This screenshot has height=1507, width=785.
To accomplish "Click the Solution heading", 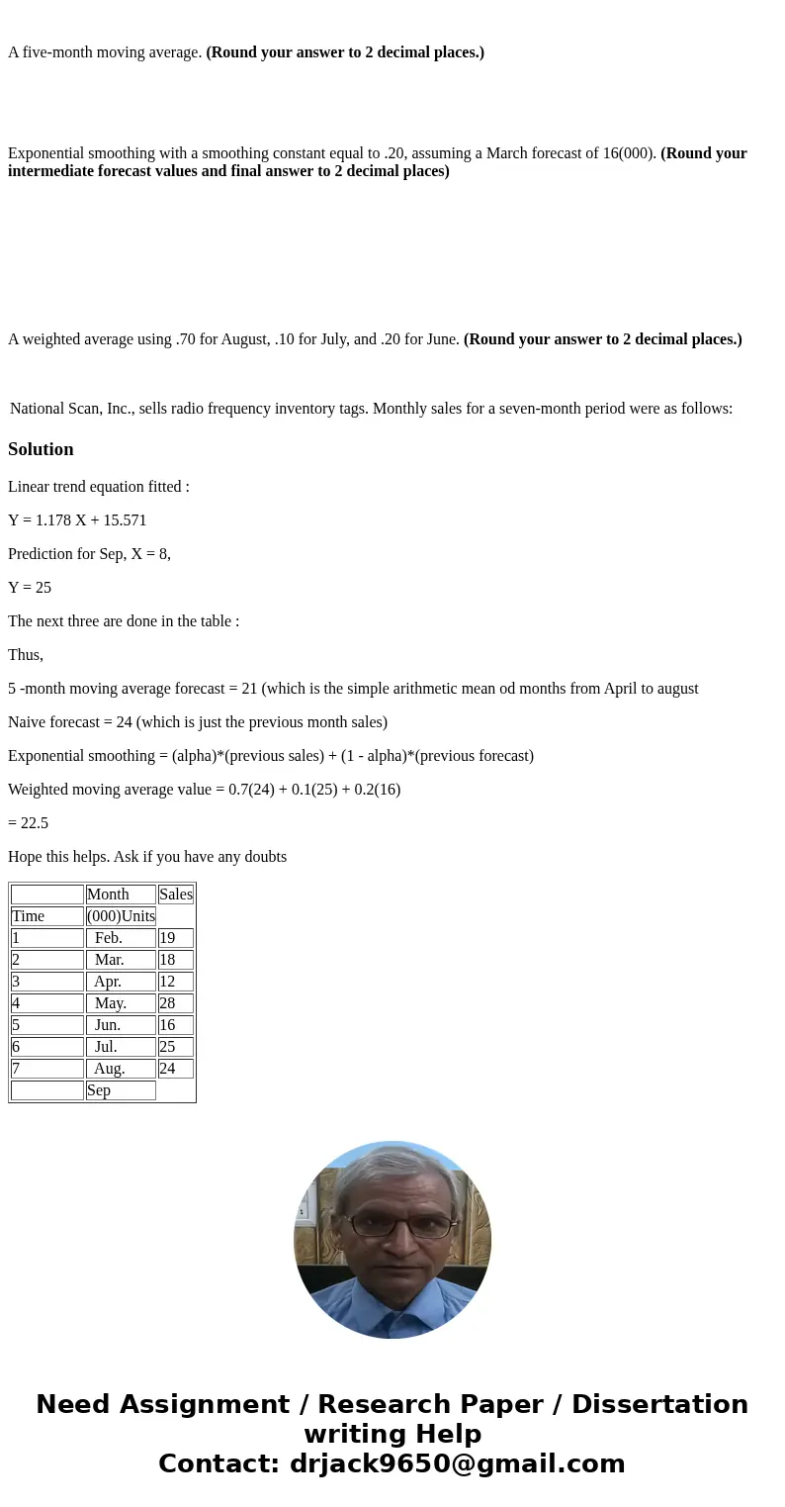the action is coord(41,449).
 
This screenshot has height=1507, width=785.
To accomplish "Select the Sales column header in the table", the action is coord(175,895).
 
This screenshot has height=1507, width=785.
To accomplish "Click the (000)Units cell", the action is coord(121,916).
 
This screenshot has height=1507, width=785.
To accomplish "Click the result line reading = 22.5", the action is coord(29,823).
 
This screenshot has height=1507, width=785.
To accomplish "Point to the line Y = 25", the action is coord(30,588).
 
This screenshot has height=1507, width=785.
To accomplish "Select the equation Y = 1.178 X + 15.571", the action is coord(77,520).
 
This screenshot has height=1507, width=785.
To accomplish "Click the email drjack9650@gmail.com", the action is coord(457,1464).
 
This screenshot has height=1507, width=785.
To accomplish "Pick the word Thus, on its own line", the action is coord(26,655).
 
